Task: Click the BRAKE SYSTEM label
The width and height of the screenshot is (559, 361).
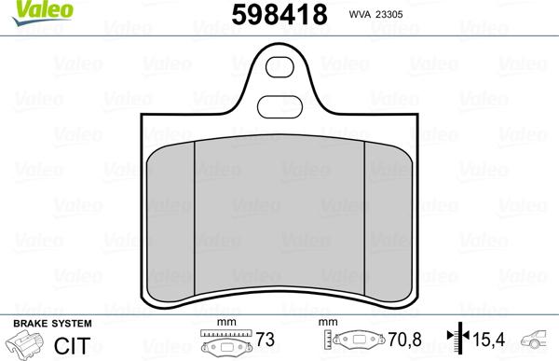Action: pyautogui.click(x=51, y=323)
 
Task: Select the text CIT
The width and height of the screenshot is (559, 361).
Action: pyautogui.click(x=64, y=345)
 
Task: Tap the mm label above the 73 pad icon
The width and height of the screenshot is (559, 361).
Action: pyautogui.click(x=223, y=324)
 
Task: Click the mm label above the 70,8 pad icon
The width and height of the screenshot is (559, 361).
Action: pyautogui.click(x=328, y=324)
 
